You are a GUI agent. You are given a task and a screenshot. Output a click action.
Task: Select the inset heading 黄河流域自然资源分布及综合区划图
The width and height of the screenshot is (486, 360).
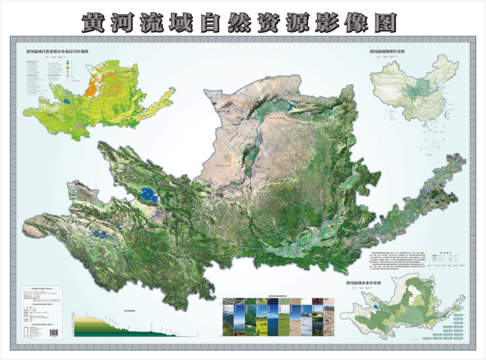pyautogui.click(x=57, y=52)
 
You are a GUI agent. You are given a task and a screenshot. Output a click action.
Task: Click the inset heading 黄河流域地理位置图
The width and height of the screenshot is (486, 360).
pyautogui.click(x=387, y=52)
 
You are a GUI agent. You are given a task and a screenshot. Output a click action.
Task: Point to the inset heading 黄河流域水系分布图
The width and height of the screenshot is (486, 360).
pyautogui.click(x=363, y=283)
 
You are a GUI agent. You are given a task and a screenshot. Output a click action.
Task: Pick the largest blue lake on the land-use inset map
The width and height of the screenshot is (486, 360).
pyautogui.click(x=67, y=102)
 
